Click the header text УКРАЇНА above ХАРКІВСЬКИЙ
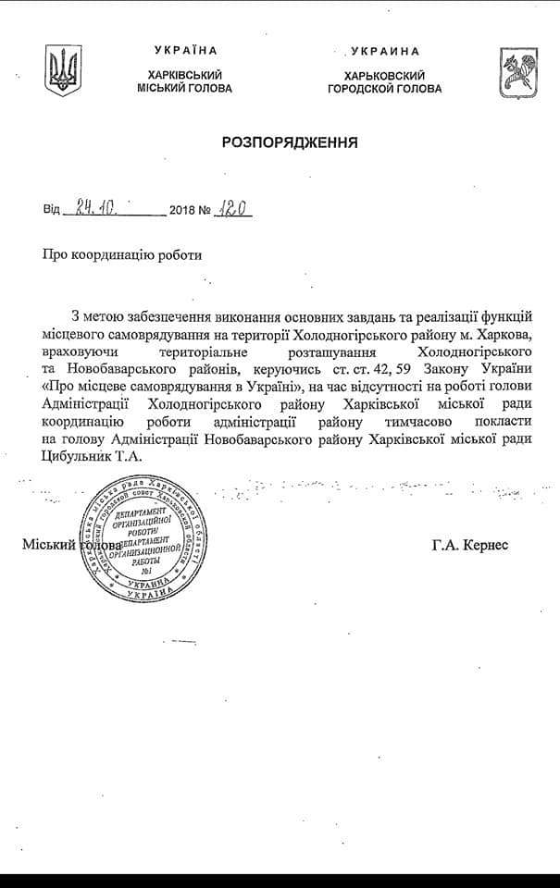click(x=184, y=50)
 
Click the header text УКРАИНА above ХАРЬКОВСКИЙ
click(x=385, y=52)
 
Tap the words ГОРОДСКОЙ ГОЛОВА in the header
click(x=385, y=89)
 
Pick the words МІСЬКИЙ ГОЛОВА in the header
click(x=184, y=88)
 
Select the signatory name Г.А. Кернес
click(x=469, y=546)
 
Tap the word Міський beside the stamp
click(x=48, y=547)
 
